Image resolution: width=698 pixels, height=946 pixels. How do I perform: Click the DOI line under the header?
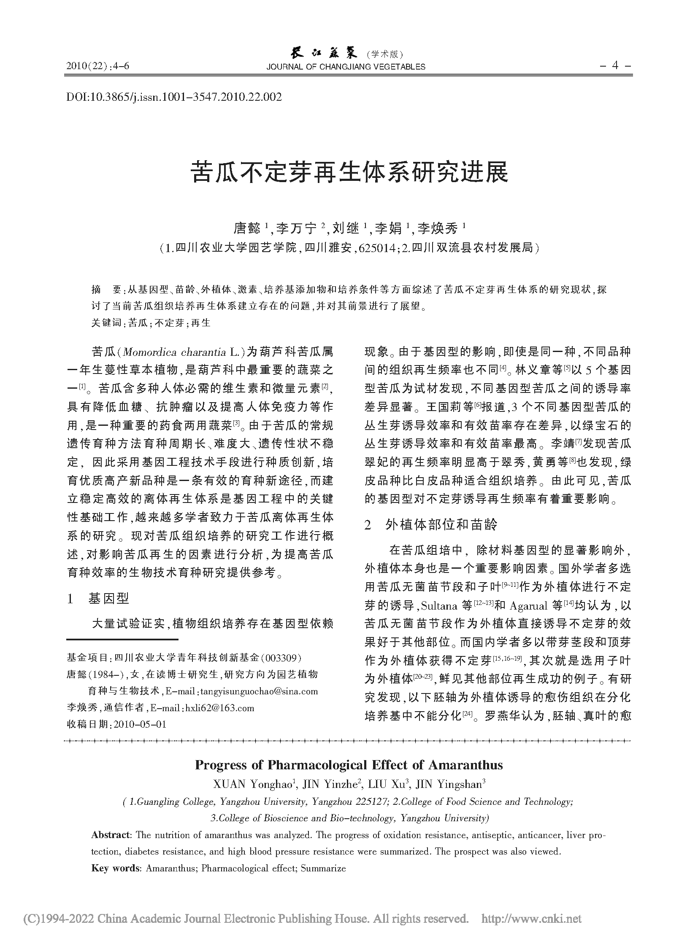click(173, 97)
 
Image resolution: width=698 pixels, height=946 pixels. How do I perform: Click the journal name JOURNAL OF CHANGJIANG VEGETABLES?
click(346, 67)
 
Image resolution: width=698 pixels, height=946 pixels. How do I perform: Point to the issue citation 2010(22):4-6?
click(97, 66)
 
